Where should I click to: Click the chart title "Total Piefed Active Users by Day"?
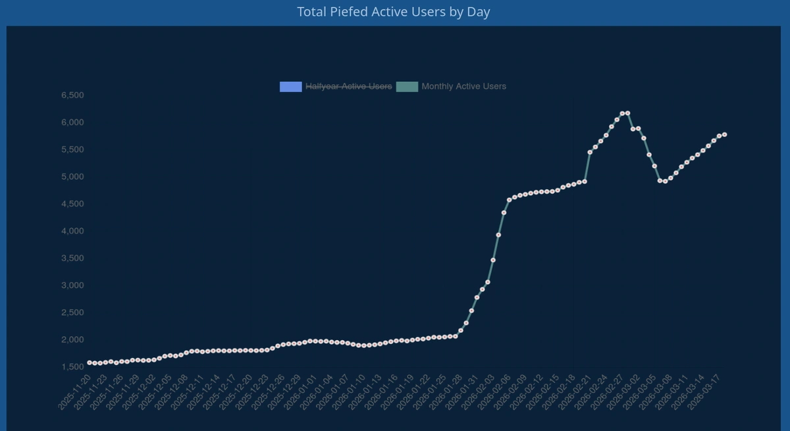pos(394,12)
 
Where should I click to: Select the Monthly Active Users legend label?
pos(463,86)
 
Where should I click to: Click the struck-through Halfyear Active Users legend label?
pos(348,86)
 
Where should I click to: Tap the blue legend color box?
pos(290,86)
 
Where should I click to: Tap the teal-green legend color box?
pos(407,86)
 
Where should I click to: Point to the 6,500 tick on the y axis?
pos(72,96)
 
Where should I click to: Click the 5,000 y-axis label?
pos(72,177)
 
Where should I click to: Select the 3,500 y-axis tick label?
pos(72,258)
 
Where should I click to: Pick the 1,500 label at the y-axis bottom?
pos(72,367)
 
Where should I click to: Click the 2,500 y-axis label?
pos(72,312)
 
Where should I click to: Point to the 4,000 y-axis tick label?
pos(72,231)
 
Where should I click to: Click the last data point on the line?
pos(724,134)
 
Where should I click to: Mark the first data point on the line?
pos(90,362)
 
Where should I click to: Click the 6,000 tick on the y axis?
pos(72,123)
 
